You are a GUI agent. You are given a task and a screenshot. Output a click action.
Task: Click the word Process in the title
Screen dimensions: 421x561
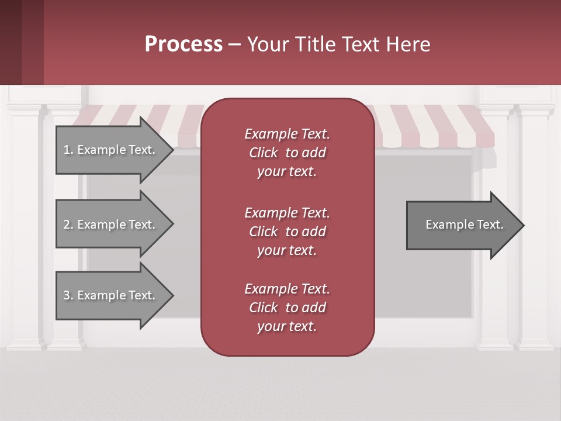(x=183, y=44)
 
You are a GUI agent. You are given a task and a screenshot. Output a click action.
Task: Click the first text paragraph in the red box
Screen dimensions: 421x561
(x=287, y=153)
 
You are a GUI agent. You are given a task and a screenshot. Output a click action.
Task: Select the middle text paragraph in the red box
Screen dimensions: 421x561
(x=287, y=232)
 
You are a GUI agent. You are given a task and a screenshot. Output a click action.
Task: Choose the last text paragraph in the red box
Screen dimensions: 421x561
(x=287, y=308)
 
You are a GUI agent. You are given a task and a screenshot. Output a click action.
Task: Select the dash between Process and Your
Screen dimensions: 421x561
(x=234, y=44)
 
